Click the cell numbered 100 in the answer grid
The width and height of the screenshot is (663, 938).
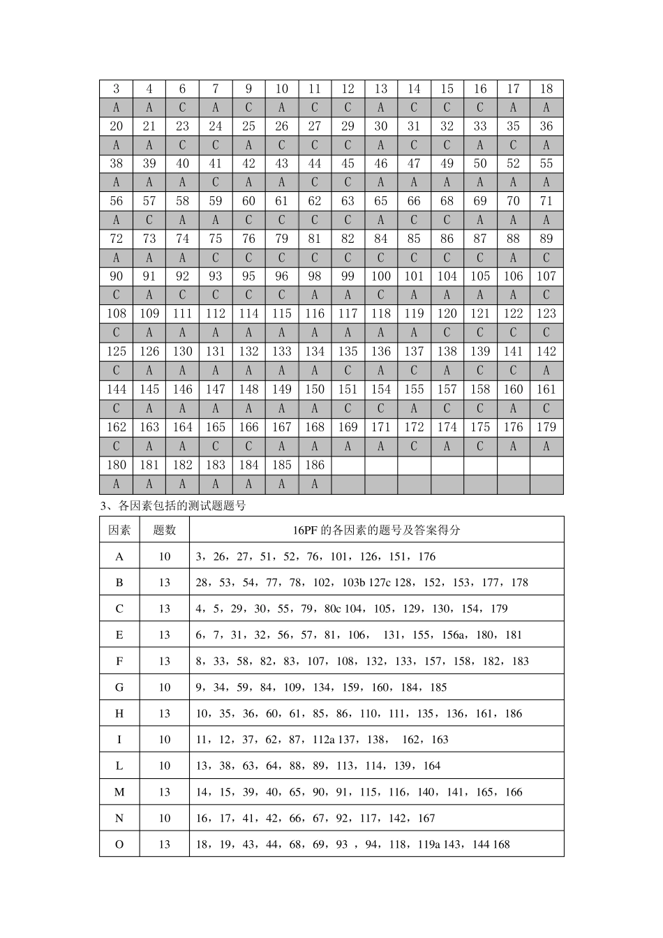pos(381,276)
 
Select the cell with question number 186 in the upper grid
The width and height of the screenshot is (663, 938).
pos(315,465)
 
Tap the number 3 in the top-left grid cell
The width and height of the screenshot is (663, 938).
pos(117,89)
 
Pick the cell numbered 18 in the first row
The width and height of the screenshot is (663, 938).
pos(546,89)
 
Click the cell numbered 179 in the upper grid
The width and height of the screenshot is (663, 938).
pos(546,427)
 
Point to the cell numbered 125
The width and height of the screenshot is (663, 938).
pos(117,352)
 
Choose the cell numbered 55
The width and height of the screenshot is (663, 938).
pos(546,164)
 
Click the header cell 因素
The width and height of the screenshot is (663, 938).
pos(119,530)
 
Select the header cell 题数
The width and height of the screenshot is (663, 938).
pos(164,530)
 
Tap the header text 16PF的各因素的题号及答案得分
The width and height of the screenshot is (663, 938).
pos(376,530)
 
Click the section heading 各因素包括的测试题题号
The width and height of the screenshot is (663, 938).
pos(182,506)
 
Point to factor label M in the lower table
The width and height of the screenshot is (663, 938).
pos(119,792)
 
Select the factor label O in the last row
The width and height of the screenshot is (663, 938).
pos(119,844)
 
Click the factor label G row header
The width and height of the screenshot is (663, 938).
pos(119,687)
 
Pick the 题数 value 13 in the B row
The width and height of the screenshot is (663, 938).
pos(164,583)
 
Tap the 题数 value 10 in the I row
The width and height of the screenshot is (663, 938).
pos(164,740)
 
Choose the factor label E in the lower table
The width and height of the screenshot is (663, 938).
pos(119,635)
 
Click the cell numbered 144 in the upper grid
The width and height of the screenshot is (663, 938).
pos(117,389)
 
